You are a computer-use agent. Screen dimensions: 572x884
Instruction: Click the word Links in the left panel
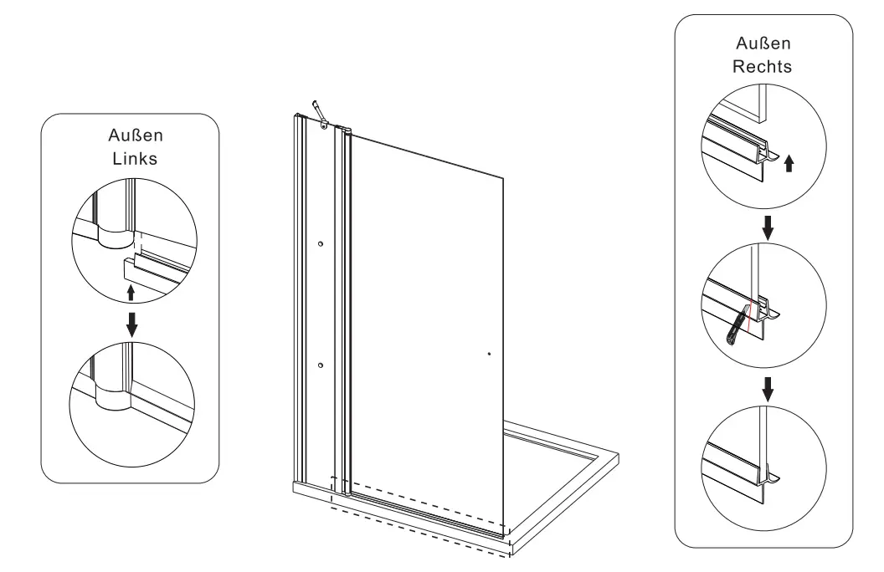[131, 160]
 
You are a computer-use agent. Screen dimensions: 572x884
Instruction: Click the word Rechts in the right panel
[763, 68]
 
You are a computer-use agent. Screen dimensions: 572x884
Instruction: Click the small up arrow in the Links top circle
[130, 293]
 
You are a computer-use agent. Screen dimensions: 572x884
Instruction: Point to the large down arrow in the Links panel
[131, 322]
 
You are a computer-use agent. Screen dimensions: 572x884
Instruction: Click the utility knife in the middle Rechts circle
[735, 327]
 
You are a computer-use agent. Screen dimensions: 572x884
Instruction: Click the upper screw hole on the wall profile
[321, 243]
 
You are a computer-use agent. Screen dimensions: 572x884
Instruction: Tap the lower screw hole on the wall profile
[321, 365]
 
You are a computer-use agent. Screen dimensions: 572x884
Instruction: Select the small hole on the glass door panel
[489, 354]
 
